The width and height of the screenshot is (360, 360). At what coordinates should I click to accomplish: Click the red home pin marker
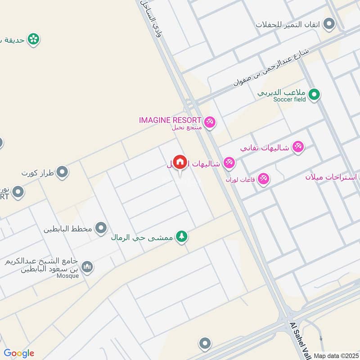click(x=180, y=162)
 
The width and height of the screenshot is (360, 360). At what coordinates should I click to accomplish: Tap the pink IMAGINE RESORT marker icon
click(x=209, y=121)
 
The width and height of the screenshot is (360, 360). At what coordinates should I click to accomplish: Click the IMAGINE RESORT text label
click(x=170, y=120)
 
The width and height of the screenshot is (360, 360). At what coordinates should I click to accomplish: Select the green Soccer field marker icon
click(x=315, y=95)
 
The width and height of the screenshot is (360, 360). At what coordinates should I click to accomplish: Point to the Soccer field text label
click(x=289, y=99)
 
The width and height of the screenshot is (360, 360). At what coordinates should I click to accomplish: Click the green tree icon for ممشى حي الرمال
click(x=181, y=236)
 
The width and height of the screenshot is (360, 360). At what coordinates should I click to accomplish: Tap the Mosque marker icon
click(x=87, y=267)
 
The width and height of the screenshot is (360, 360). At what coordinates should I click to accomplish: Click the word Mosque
click(x=68, y=275)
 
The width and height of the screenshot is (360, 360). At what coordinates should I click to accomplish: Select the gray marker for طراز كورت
click(x=62, y=172)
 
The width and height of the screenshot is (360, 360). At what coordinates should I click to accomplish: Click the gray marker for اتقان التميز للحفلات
click(x=329, y=23)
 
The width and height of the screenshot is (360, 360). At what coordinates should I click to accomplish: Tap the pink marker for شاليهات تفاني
click(x=298, y=147)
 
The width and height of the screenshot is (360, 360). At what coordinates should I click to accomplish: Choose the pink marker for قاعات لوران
click(x=264, y=179)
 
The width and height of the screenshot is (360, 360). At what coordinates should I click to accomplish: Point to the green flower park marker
click(x=33, y=39)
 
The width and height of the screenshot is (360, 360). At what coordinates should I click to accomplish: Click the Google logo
click(x=19, y=353)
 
